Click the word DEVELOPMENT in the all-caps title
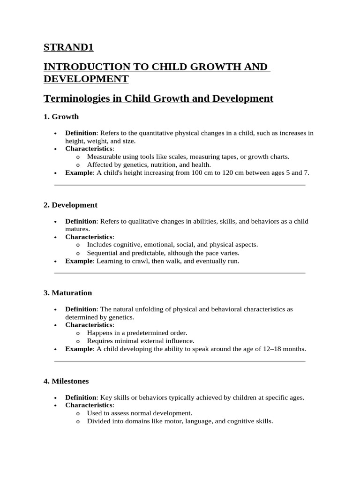[86, 78]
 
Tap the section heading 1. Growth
[61, 117]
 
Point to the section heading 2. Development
[70, 205]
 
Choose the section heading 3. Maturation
[67, 293]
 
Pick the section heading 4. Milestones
[66, 381]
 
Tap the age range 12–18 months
[279, 349]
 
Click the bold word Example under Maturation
[79, 349]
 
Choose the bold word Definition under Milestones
[81, 397]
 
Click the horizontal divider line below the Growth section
[180, 185]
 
